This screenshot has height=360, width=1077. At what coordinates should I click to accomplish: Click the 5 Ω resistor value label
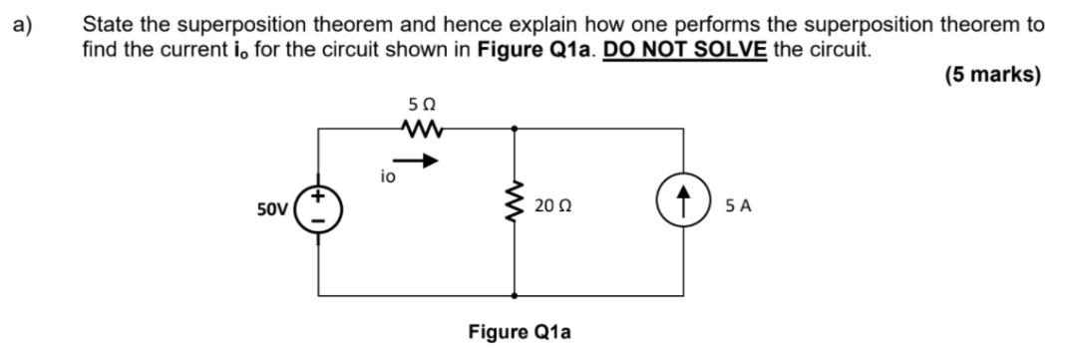coord(421,103)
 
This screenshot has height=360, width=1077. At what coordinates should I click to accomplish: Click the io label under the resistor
coord(388,177)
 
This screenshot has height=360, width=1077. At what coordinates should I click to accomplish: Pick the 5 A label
coord(739,207)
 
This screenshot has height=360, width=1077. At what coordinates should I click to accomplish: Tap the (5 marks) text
coord(992,75)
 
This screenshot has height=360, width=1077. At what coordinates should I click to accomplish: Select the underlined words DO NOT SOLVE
coord(685,48)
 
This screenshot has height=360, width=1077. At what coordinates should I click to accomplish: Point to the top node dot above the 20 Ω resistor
coord(515,128)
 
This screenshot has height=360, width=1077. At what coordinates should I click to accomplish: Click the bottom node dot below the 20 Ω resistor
coord(515,295)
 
